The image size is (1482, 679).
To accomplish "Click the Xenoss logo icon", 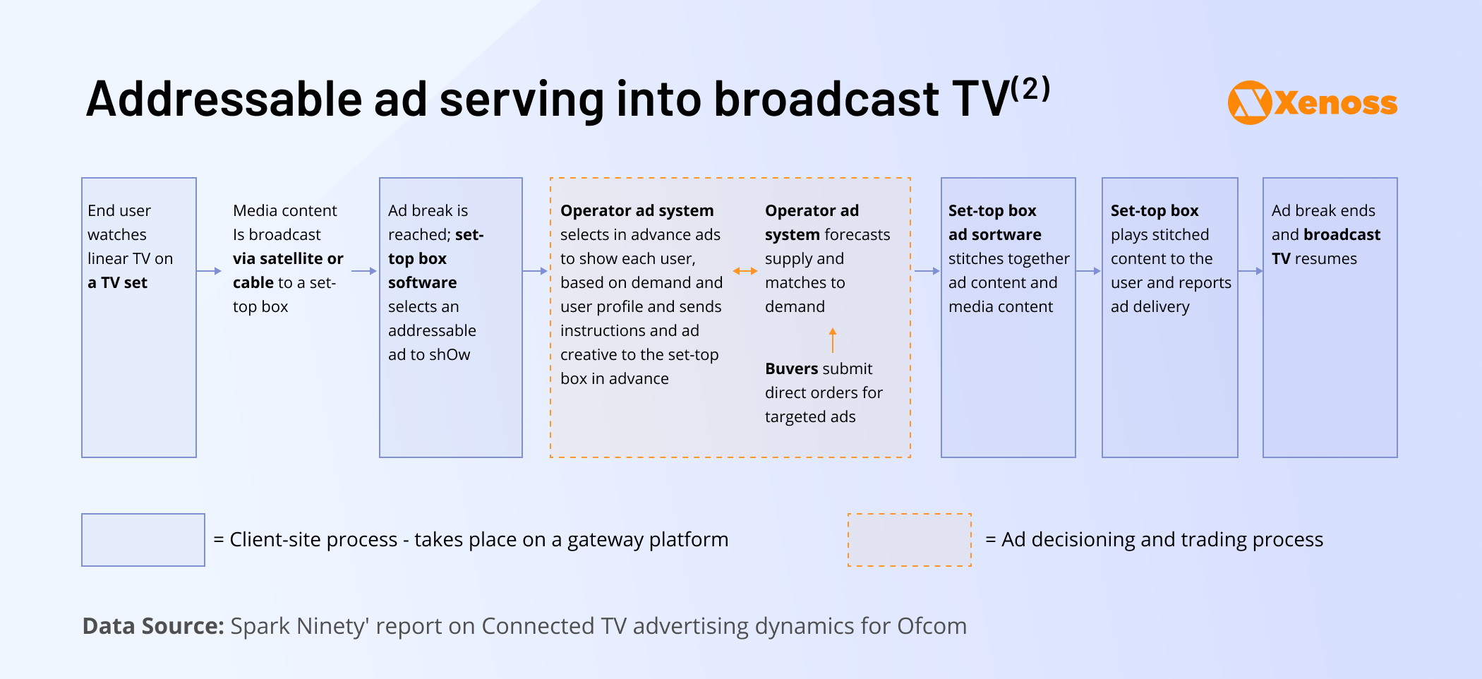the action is pyautogui.click(x=1249, y=102).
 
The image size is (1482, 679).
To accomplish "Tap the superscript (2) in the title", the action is pyautogui.click(x=1030, y=89).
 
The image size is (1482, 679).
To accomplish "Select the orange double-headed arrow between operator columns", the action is pyautogui.click(x=745, y=271).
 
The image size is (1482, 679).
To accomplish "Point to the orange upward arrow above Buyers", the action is pyautogui.click(x=833, y=339).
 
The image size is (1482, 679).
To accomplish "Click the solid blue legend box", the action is pyautogui.click(x=143, y=540).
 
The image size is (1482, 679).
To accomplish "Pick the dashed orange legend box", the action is pyautogui.click(x=910, y=540).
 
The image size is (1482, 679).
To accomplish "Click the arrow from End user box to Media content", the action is pyautogui.click(x=209, y=271).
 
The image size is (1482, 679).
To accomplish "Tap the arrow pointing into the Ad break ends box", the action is pyautogui.click(x=1251, y=271).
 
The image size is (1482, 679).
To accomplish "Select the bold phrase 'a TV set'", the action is pyautogui.click(x=117, y=283).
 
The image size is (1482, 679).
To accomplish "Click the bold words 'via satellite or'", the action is pyautogui.click(x=288, y=259).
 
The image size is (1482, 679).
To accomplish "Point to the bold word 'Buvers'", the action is pyautogui.click(x=793, y=369).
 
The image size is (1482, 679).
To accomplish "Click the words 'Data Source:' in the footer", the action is pyautogui.click(x=153, y=626).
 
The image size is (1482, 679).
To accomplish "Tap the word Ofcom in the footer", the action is pyautogui.click(x=932, y=626).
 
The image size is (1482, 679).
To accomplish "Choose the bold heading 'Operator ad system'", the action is pyautogui.click(x=637, y=211).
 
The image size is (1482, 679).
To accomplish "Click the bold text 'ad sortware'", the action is pyautogui.click(x=995, y=235).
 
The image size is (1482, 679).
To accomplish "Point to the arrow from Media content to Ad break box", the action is pyautogui.click(x=364, y=271).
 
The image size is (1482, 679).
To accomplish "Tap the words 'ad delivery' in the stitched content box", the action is pyautogui.click(x=1150, y=307).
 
